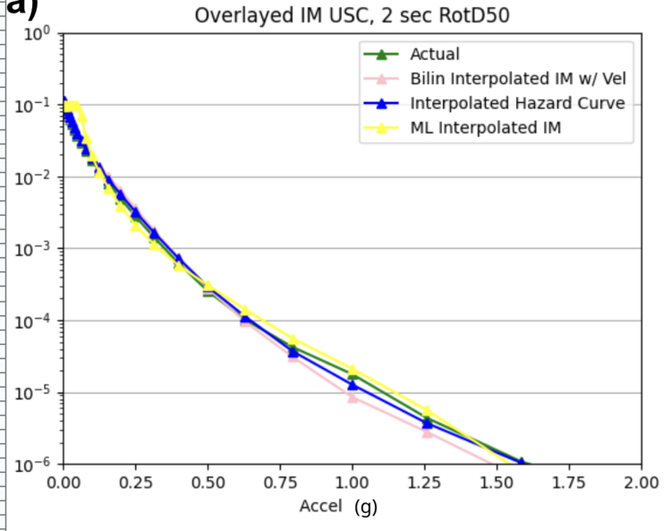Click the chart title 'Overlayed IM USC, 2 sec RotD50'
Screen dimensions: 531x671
point(352,15)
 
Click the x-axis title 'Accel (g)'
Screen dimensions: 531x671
point(337,506)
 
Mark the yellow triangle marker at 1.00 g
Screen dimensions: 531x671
point(352,370)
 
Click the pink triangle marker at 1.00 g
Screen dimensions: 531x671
point(352,398)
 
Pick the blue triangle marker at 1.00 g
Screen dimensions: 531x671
point(352,385)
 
